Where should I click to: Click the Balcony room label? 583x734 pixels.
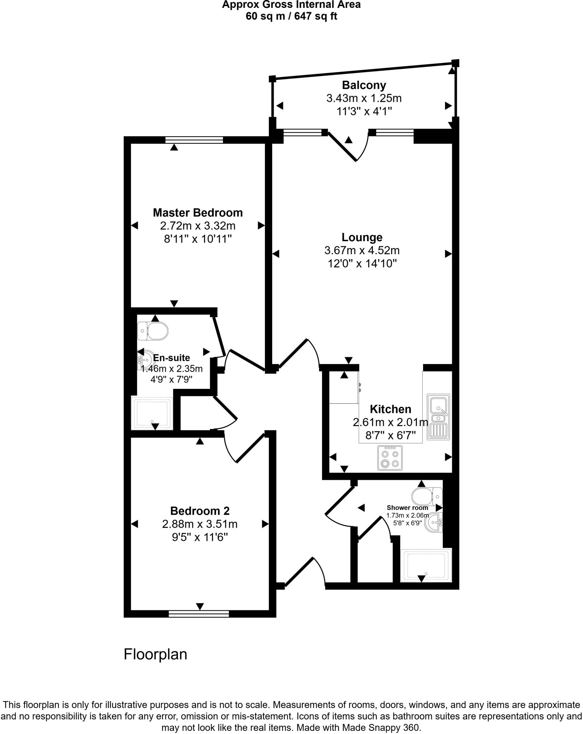[364, 85]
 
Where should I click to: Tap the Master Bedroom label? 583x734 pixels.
[198, 213]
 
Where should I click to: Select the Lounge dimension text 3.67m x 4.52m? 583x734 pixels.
[362, 251]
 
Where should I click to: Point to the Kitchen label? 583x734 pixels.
[390, 409]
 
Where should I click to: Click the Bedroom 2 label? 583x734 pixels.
[200, 511]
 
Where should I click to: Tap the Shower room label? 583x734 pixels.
[407, 508]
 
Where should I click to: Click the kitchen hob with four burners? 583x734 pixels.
[390, 458]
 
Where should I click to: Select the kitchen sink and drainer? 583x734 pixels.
[438, 417]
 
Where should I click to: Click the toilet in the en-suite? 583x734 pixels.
[153, 330]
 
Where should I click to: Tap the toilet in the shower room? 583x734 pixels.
[427, 496]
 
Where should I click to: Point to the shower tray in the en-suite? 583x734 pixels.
[152, 413]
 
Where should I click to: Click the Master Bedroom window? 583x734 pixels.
[194, 140]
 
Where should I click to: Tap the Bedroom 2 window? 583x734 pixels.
[199, 614]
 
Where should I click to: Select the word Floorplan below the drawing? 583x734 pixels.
[155, 654]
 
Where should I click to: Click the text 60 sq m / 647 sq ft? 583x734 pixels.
[291, 16]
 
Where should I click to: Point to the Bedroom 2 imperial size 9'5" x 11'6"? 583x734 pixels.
[200, 537]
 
